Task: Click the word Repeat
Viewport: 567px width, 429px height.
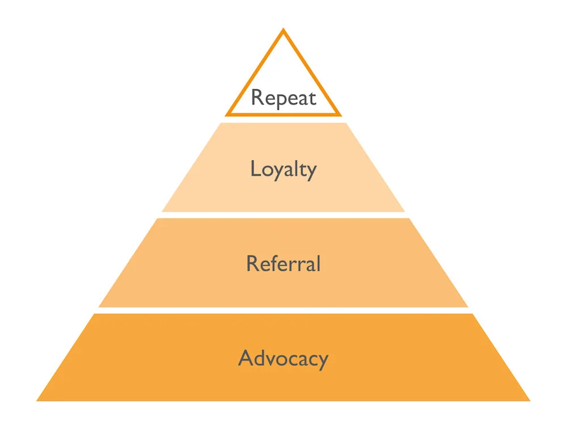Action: tap(283, 98)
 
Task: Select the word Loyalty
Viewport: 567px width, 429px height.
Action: tap(283, 170)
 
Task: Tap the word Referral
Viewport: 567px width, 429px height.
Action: tap(283, 264)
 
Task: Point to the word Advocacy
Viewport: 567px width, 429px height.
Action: tap(283, 359)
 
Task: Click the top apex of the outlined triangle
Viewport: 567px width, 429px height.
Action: tap(283, 30)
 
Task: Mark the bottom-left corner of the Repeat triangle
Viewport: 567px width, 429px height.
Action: tap(226, 115)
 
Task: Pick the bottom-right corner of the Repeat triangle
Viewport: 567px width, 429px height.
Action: tap(340, 115)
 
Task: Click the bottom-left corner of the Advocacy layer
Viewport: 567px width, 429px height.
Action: tap(37, 401)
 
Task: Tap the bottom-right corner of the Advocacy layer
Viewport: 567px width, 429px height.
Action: tap(530, 401)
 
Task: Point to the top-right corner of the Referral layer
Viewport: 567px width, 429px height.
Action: tap(409, 218)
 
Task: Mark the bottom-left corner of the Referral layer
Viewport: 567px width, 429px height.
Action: tap(99, 306)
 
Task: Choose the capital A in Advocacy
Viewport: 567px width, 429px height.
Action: tap(245, 358)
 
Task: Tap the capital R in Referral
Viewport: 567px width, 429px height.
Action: tap(252, 263)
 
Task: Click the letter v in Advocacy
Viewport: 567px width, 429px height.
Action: tap(271, 360)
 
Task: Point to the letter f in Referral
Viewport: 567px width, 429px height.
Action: tap(275, 263)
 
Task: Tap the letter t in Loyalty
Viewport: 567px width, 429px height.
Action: tap(300, 169)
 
